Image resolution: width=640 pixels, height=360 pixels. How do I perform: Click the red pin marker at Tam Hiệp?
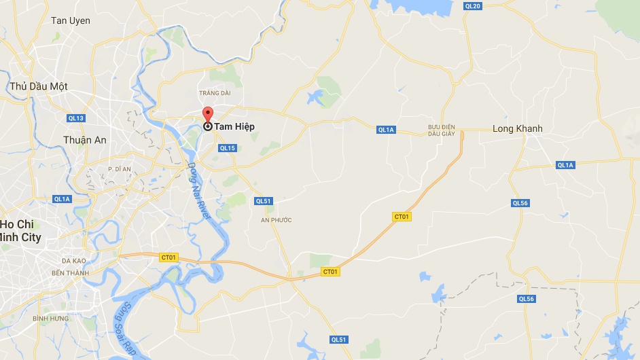[x=208, y=115]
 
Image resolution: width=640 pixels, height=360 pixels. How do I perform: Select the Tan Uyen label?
[x=71, y=21]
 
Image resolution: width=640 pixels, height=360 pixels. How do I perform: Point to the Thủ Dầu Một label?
[x=39, y=86]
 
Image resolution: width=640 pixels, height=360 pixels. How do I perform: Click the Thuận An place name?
[x=85, y=140]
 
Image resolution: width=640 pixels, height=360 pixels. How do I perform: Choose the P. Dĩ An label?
[x=120, y=168]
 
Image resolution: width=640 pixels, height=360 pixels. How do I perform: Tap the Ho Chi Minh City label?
[x=21, y=231]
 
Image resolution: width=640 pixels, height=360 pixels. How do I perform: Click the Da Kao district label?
[x=74, y=260]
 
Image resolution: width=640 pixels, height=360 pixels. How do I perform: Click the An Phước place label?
[x=276, y=220]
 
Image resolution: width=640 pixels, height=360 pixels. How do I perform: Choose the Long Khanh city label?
[x=518, y=128]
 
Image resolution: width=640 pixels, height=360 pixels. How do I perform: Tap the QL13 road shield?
[x=76, y=118]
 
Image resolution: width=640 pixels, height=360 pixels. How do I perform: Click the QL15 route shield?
[x=227, y=148]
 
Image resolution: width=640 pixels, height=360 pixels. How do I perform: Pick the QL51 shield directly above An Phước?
[x=263, y=201]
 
